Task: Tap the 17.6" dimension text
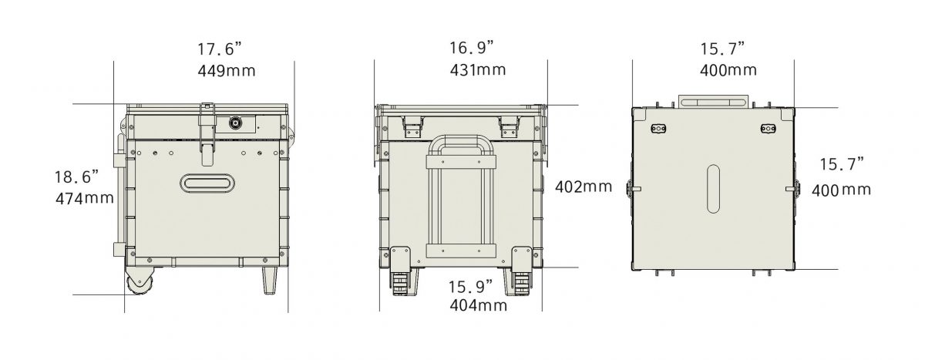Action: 220,49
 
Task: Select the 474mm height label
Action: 85,198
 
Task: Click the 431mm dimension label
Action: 478,69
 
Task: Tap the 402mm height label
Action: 584,187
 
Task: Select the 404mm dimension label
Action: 479,305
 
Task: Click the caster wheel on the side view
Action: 139,284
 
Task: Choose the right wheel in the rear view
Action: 520,283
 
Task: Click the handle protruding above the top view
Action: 713,101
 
